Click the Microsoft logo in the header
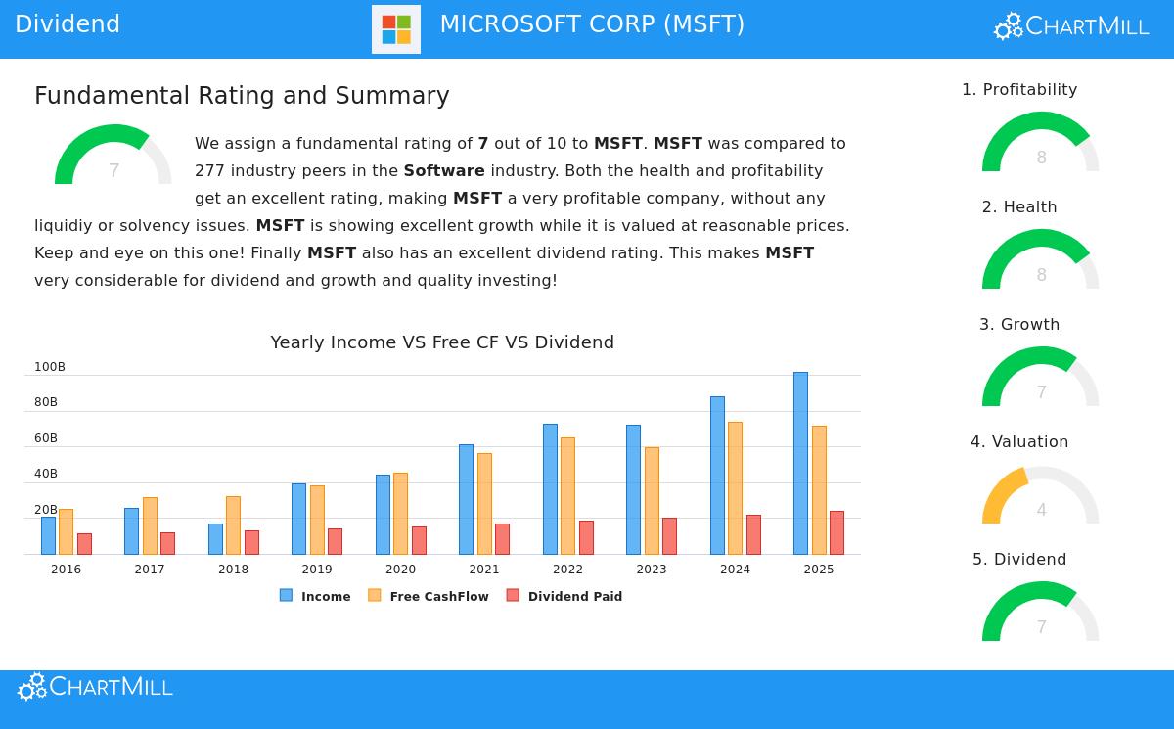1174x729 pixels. (396, 29)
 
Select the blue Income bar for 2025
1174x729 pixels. (800, 463)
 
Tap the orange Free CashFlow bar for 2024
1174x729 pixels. (735, 487)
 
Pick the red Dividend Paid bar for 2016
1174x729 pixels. (84, 543)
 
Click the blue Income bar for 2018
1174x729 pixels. (215, 538)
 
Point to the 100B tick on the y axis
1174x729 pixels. (50, 367)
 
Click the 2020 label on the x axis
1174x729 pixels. (400, 570)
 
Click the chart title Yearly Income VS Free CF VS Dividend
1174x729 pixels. (442, 342)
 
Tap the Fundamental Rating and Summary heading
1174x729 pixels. (242, 96)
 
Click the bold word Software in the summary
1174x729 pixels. (444, 171)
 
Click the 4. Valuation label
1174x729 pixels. (1019, 442)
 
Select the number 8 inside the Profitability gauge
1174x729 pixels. (1041, 158)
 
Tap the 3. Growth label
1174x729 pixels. (1019, 325)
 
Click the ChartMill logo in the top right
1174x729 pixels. (1071, 26)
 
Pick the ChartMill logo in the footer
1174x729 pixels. (95, 687)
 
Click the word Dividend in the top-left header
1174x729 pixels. (68, 24)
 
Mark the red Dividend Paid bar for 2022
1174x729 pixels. (586, 537)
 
